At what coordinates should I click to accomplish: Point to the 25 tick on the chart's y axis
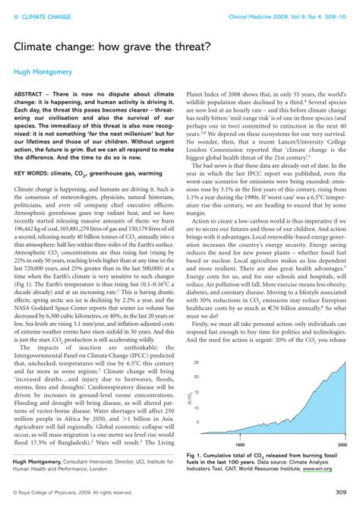click(x=196, y=362)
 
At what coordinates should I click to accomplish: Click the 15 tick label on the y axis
click(x=196, y=392)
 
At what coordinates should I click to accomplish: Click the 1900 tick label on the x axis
click(x=239, y=444)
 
